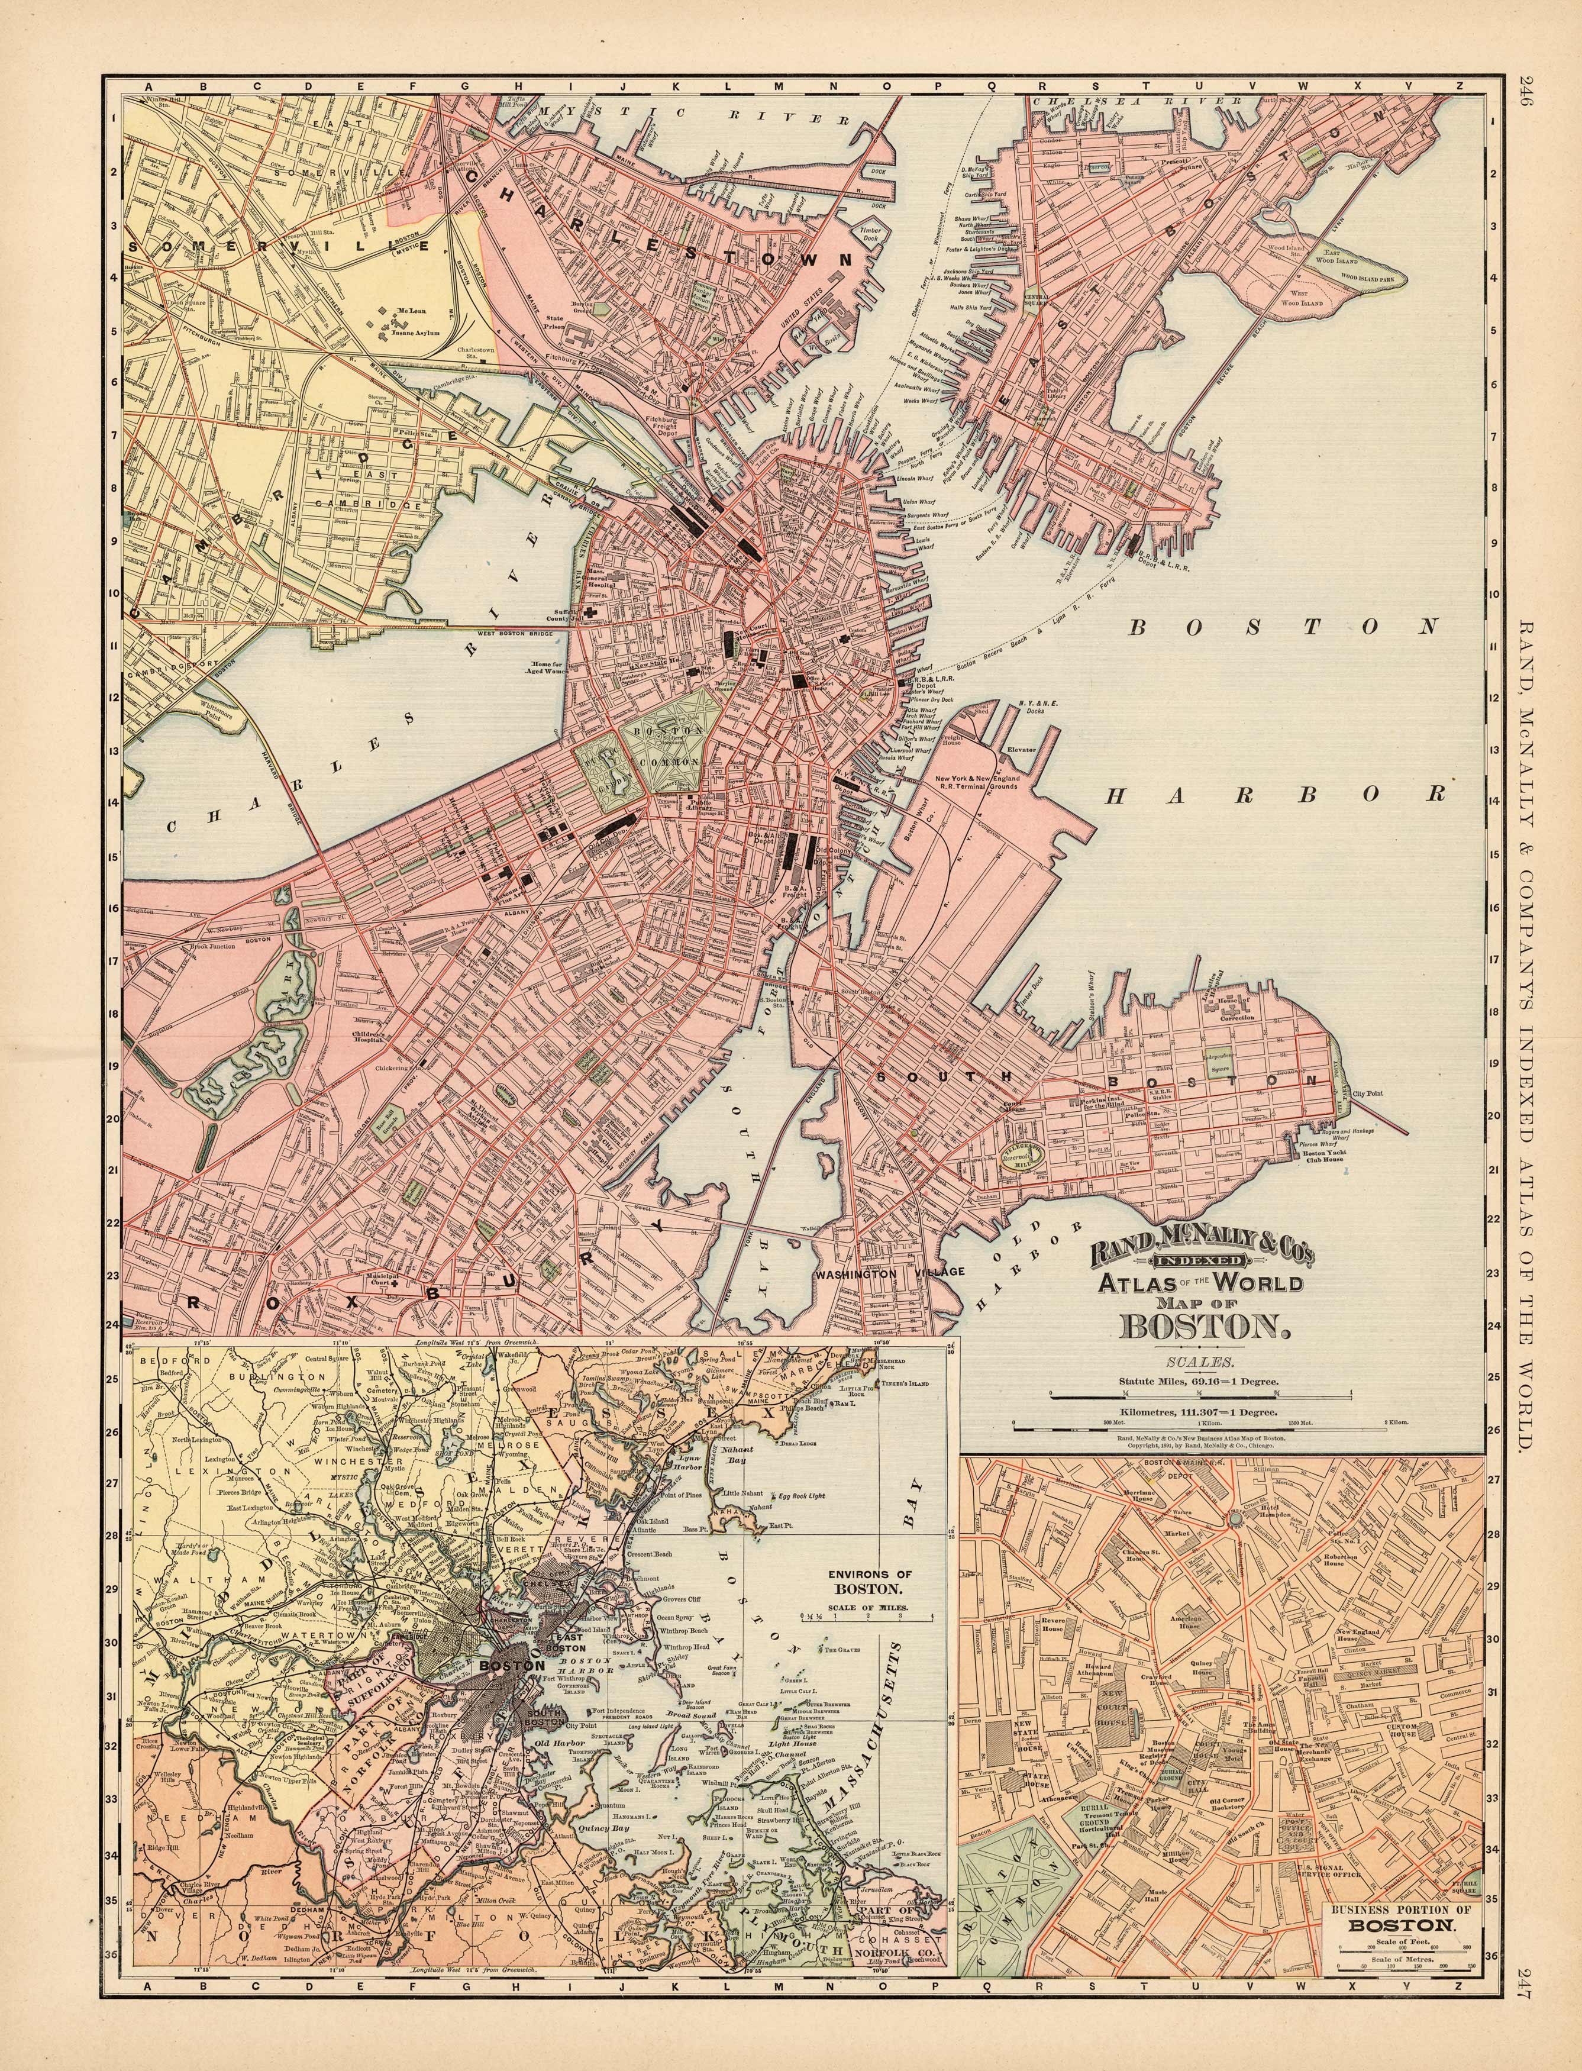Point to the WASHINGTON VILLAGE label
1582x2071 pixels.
point(891,1272)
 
